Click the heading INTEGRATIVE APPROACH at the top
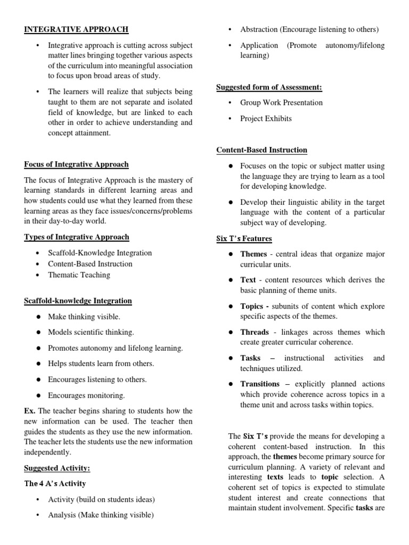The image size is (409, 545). coord(76,29)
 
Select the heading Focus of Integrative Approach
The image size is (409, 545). coord(76,164)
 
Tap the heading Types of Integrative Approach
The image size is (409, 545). coord(77,237)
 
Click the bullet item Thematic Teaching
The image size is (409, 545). coord(79,275)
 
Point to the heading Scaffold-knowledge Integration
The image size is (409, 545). coord(78,301)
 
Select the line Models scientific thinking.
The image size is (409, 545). coord(91,332)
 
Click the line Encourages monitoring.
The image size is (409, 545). coord(86,395)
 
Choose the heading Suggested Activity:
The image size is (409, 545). coord(57,468)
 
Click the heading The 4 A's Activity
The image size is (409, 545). coord(55,484)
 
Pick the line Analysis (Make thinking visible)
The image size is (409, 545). coord(101,515)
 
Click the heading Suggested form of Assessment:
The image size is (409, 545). coord(269,87)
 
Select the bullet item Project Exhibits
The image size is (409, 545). coord(266,119)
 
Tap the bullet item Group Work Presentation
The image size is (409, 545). coord(281,103)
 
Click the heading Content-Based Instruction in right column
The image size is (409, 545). coord(261,150)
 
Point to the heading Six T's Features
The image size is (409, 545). coord(244,239)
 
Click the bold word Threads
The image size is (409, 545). coord(255,332)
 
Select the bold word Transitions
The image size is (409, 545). coord(260,384)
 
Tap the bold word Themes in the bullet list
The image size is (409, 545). coord(253,254)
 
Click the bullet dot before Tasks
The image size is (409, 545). coord(230,358)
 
